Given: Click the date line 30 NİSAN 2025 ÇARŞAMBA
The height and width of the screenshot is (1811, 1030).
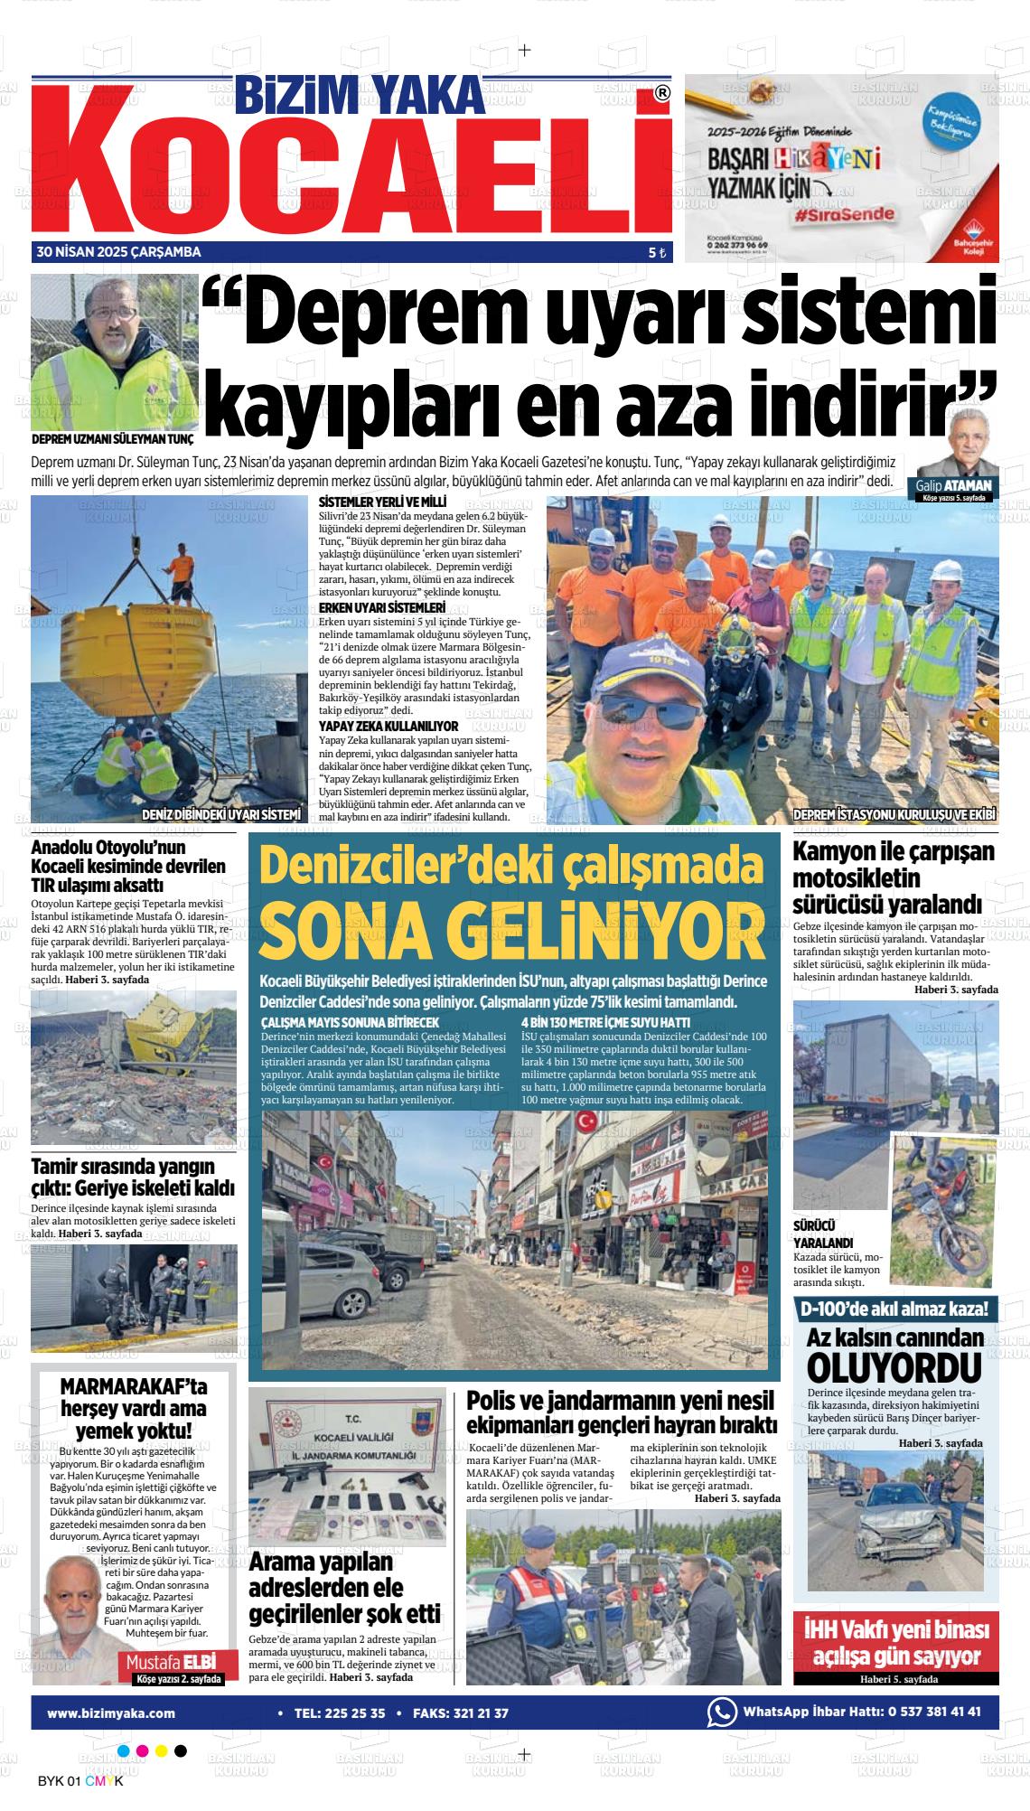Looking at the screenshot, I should point(118,252).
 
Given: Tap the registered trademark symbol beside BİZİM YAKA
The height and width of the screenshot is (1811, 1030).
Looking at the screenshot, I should point(661,93).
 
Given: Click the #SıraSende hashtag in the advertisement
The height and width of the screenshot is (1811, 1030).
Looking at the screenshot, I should point(846,215).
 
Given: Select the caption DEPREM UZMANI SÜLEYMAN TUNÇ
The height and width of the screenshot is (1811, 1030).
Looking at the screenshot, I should point(112,440).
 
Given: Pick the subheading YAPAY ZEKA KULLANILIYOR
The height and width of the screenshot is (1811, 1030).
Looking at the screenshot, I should point(389,726).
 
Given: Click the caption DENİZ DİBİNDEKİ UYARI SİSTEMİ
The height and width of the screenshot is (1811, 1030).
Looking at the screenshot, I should point(221,814).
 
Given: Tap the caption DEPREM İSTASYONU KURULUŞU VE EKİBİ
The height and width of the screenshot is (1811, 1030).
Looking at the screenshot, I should point(894,814).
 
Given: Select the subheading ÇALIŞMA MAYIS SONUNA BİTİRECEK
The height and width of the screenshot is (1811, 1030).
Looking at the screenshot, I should point(338,1021).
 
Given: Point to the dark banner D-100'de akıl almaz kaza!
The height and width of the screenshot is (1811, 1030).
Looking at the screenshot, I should point(894,1308).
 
